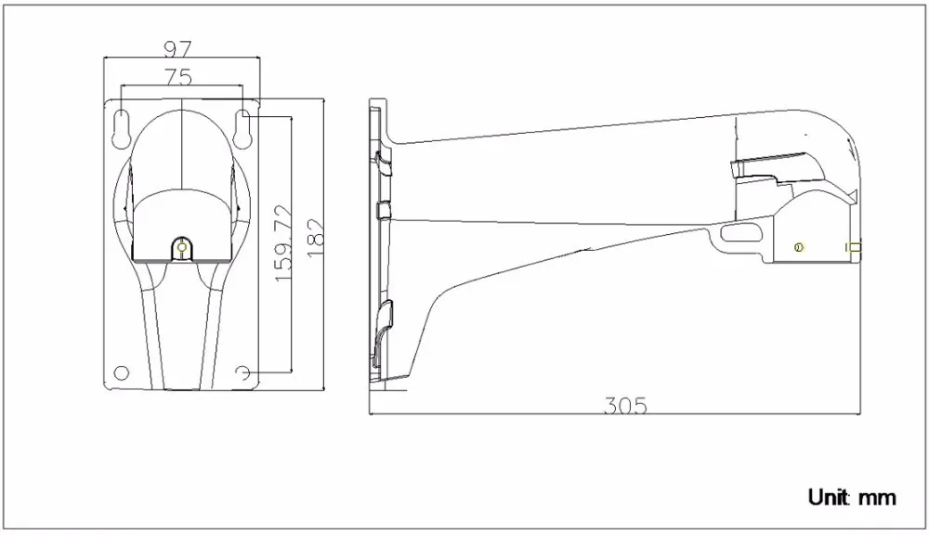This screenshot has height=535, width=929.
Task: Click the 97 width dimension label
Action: coord(177,48)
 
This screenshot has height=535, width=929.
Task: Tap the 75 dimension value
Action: coord(178,77)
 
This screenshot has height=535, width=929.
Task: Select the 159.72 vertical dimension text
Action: coord(283,243)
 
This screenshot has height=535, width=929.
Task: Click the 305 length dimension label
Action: coord(625,405)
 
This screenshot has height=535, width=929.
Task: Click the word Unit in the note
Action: coord(829,497)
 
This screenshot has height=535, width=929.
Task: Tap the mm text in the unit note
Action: coord(878,498)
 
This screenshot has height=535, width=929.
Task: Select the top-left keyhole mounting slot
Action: coord(120,127)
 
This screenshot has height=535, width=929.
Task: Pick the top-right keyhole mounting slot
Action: coord(242,127)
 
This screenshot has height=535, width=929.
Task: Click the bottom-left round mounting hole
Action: coord(121,372)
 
